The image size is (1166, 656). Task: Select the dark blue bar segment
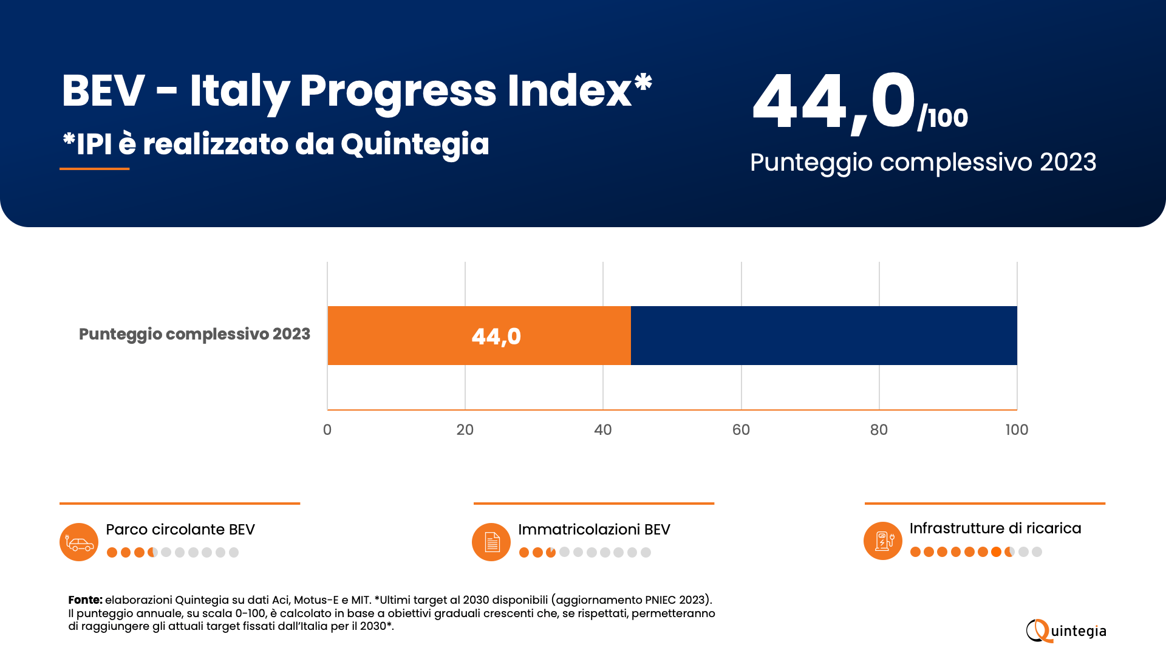pos(823,335)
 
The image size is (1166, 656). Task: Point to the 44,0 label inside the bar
pos(496,337)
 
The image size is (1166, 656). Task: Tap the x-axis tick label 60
pos(741,430)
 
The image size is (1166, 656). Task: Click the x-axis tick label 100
pos(1017,430)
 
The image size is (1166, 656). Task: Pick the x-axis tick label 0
pos(327,430)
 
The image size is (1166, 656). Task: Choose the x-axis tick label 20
pos(465,430)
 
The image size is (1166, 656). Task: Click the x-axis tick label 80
pos(879,430)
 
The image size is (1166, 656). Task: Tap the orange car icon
pos(79,542)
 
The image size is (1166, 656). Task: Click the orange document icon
pos(491,542)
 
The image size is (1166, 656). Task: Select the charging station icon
pos(883,541)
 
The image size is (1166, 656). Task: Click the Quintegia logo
pos(1066,631)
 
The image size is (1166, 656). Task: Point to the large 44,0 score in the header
pos(834,102)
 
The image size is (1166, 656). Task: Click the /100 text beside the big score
pos(943,118)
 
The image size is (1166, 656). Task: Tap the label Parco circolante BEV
pos(180,530)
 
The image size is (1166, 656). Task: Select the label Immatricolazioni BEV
pos(594,530)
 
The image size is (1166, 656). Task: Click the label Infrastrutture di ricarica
pos(995,528)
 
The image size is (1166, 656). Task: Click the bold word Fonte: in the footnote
pos(85,600)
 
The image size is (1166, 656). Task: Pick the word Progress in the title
pos(398,91)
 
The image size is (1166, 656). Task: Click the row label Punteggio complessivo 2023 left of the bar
pos(194,334)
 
